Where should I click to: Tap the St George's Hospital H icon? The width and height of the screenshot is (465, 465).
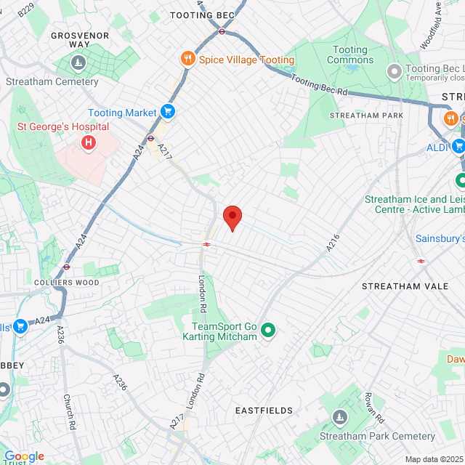tap(89, 142)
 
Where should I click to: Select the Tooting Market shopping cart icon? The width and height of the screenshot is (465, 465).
tap(168, 112)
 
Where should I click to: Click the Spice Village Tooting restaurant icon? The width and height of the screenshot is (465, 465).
tap(187, 60)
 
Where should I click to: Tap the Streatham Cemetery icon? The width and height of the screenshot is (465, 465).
tap(78, 65)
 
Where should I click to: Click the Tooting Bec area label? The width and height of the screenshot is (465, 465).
tap(202, 15)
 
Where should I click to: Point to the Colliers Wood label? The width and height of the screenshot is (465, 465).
tap(60, 281)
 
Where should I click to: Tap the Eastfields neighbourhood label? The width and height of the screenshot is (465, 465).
tap(264, 411)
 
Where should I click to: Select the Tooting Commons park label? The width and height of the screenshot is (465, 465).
tap(350, 54)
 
